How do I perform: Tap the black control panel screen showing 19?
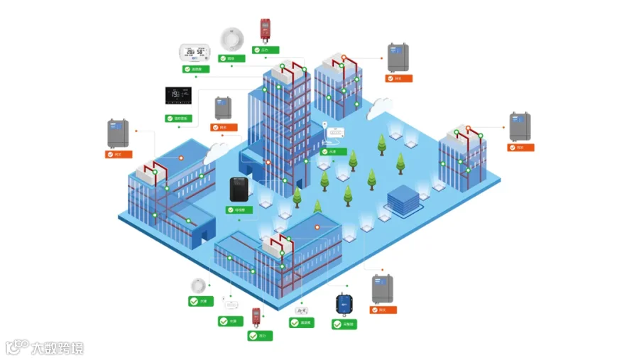pos(178,96)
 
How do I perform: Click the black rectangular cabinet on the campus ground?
pos(239,190)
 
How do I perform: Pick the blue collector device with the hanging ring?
pos(344,304)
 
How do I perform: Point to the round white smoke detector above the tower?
pos(231,38)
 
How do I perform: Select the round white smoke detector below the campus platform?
pos(198,286)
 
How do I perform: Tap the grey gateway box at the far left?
pos(118,133)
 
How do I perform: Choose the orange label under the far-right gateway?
pos(520,148)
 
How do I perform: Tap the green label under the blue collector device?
pos(344,324)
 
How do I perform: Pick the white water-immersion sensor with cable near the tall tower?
pos(334,132)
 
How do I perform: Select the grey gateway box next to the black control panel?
pos(224,108)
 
